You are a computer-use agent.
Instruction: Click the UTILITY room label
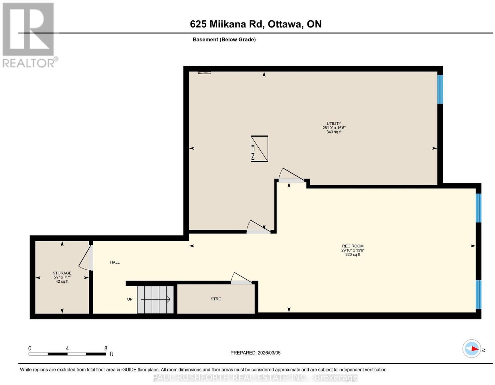pos(334,124)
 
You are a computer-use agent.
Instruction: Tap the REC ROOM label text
pos(353,246)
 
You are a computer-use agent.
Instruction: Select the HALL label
pos(115,262)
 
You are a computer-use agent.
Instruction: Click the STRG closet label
pos(216,299)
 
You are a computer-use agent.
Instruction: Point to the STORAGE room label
pos(62,273)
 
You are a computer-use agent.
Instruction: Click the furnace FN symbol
pos(259,149)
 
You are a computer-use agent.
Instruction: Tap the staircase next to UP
pos(155,300)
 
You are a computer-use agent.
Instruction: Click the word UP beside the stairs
pos(130,299)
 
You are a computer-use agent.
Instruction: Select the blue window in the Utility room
pos(440,89)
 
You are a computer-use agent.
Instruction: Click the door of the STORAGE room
pos(86,257)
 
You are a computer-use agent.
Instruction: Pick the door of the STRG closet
pos(241,278)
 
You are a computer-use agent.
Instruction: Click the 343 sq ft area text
pos(334,132)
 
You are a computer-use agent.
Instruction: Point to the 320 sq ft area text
pos(353,254)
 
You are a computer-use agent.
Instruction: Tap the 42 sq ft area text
pos(62,281)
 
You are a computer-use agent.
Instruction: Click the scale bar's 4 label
pos(67,348)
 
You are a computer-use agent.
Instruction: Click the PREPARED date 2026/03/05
pos(269,352)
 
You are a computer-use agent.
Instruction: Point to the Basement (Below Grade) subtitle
pos(224,39)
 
